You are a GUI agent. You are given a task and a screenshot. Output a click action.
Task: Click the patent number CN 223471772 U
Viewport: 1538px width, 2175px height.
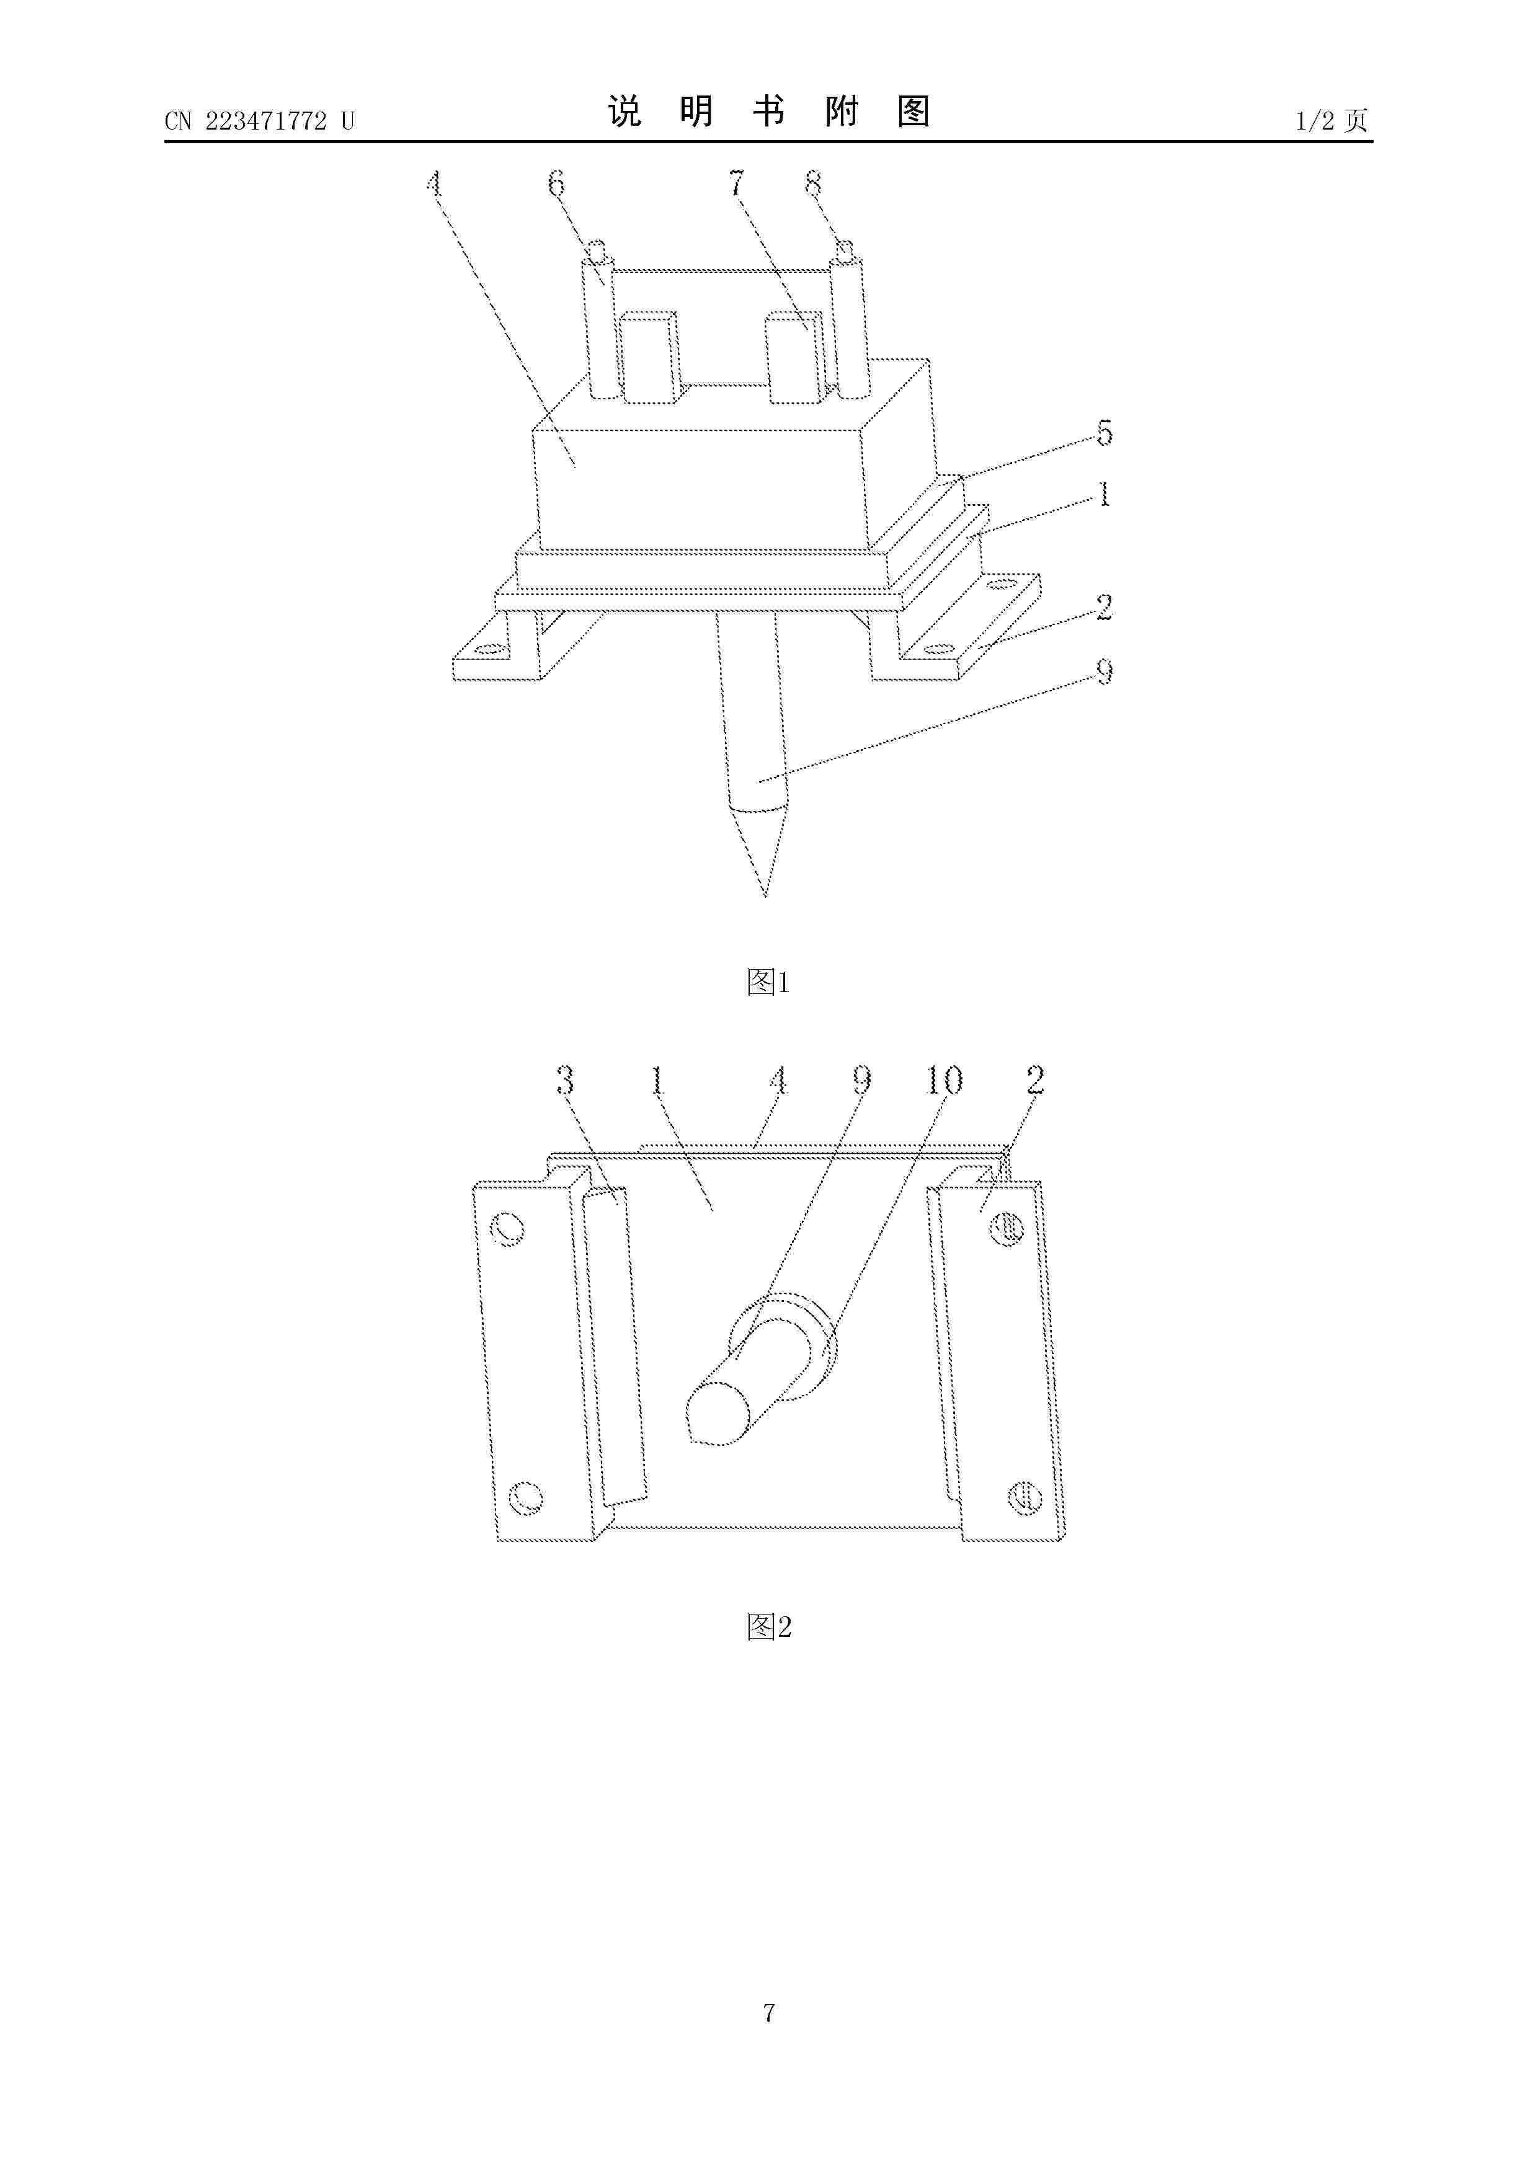[259, 122]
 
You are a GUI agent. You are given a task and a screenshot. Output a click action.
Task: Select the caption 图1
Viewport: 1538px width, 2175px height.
[768, 982]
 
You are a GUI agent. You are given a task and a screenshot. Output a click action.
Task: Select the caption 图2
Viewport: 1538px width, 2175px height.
[768, 1626]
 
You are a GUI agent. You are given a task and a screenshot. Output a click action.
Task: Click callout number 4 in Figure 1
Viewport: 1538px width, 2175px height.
[434, 183]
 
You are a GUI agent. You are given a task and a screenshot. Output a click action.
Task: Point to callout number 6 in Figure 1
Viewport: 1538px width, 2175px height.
[556, 183]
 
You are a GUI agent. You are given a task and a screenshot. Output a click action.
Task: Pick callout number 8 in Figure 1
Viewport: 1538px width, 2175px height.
[813, 183]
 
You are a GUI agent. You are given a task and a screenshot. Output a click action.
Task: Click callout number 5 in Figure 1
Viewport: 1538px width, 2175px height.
[1104, 433]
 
